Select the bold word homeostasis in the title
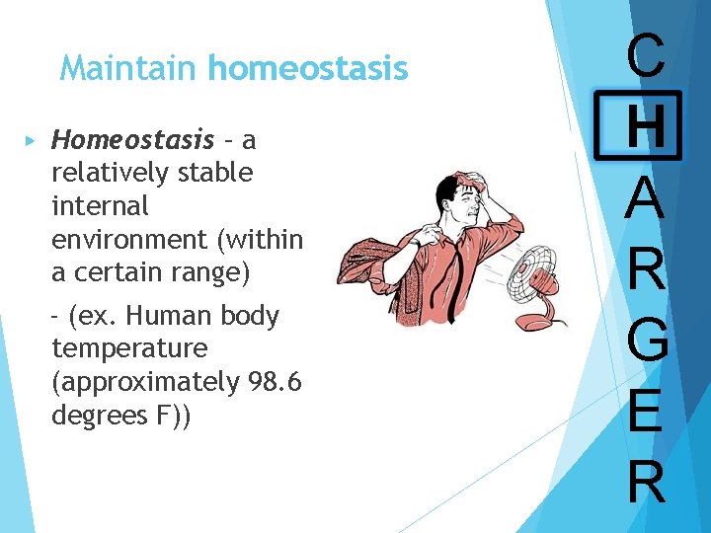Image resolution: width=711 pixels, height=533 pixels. tap(307, 68)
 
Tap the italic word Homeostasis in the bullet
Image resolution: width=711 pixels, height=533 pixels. tap(132, 139)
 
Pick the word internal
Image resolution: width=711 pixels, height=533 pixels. tap(100, 206)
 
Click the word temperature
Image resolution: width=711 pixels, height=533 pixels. tap(129, 348)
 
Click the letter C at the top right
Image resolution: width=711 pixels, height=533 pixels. tap(646, 58)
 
